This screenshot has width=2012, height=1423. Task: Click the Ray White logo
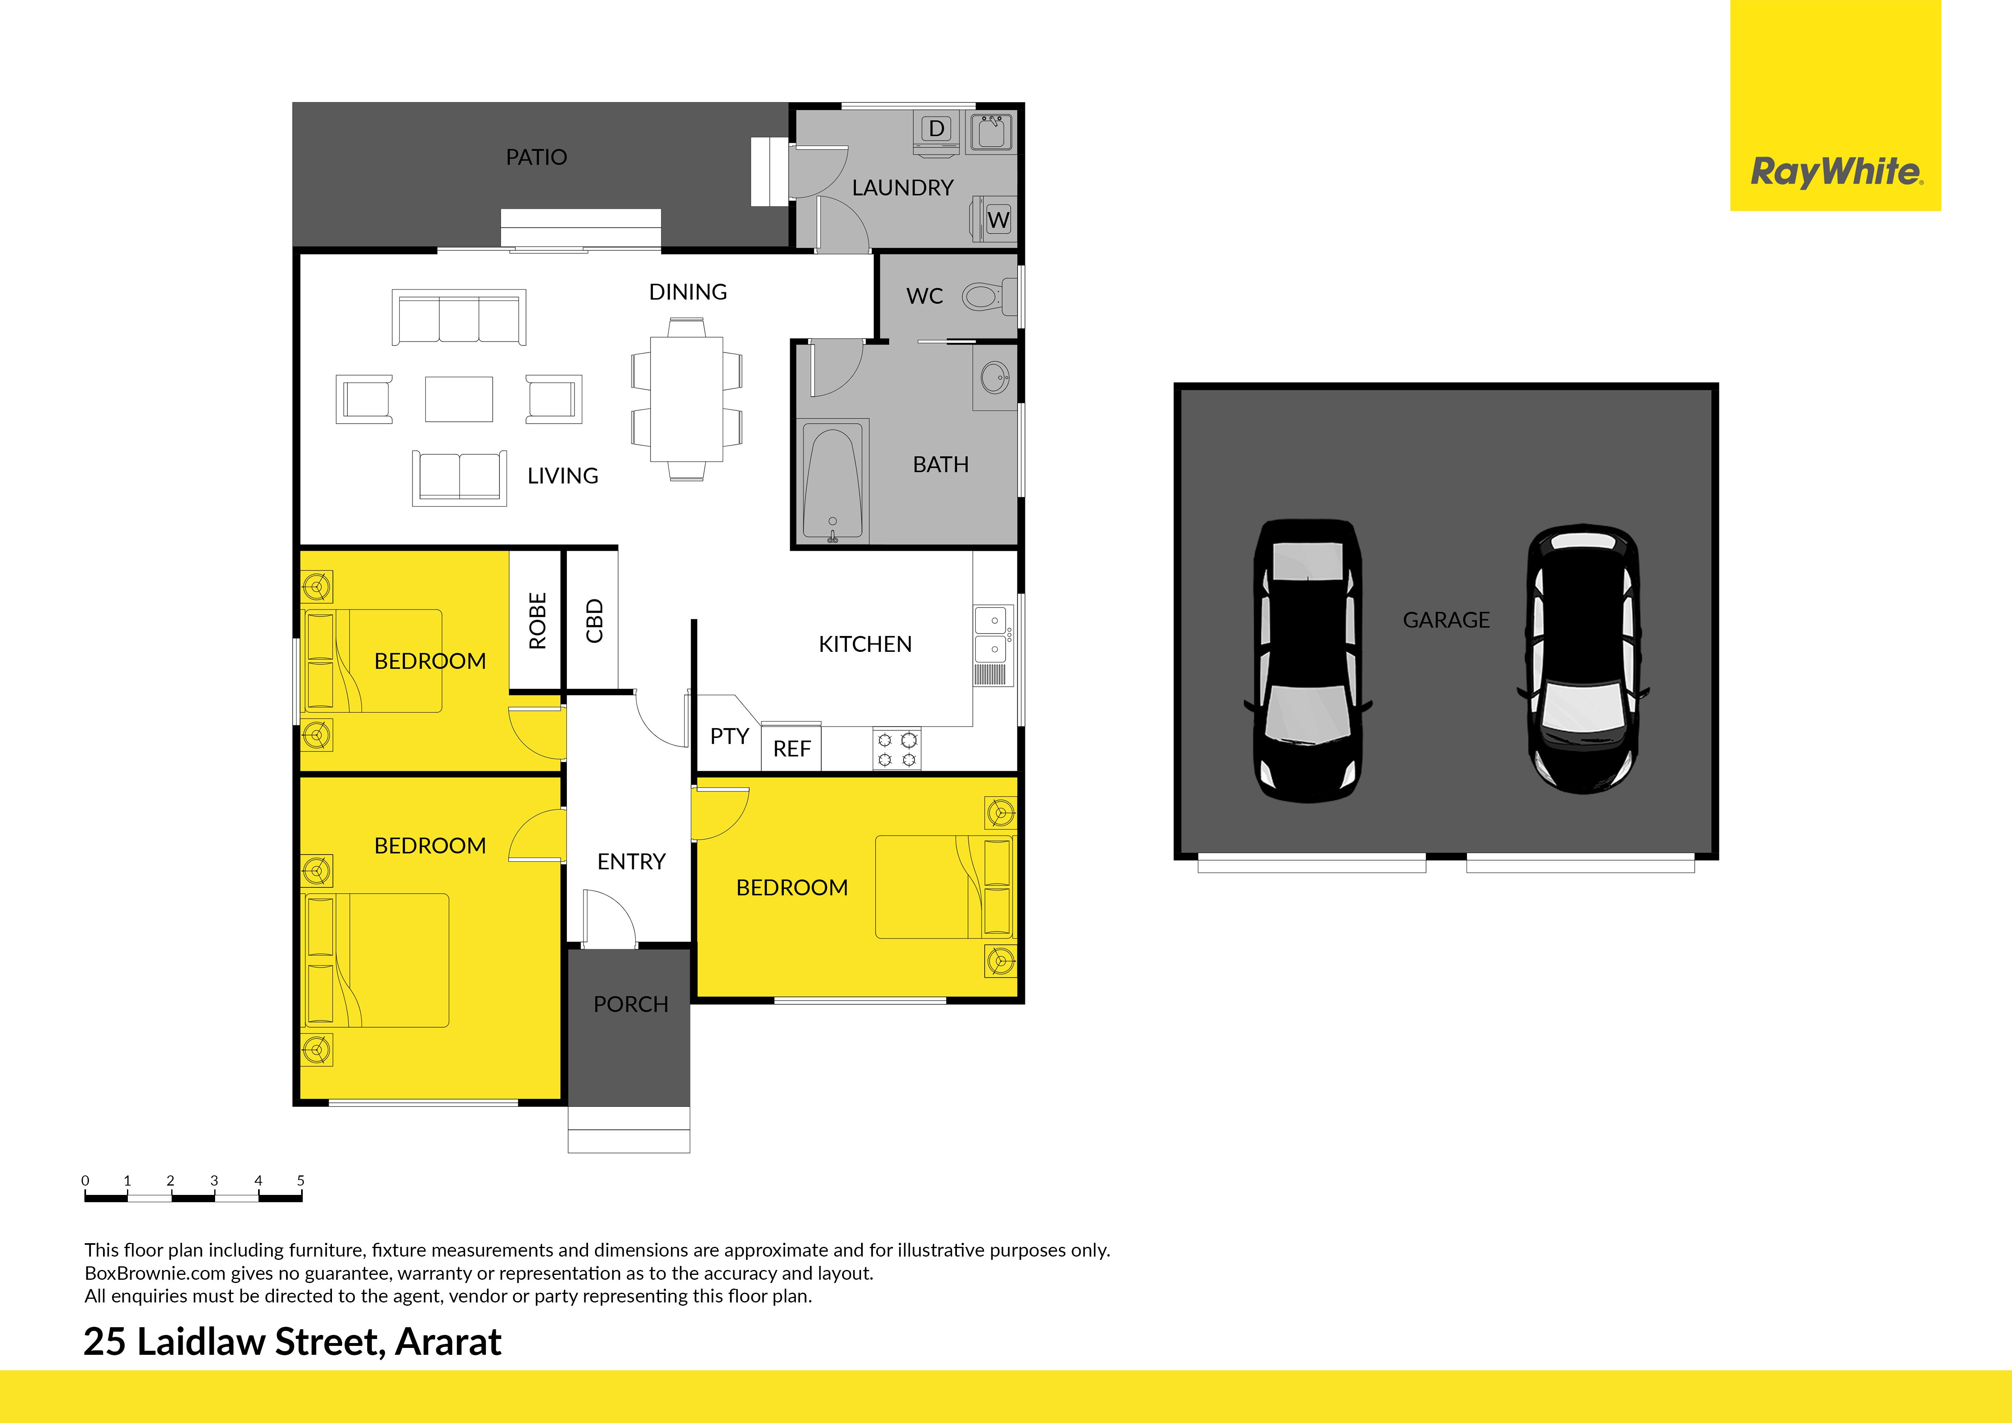(x=1836, y=105)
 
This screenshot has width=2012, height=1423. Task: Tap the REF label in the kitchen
(x=791, y=749)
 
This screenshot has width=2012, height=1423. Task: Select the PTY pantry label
(x=729, y=736)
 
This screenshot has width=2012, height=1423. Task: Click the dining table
(x=686, y=399)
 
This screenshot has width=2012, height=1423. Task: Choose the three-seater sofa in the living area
(x=458, y=317)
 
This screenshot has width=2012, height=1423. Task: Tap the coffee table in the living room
(x=458, y=399)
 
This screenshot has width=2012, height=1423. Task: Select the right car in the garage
(x=1583, y=659)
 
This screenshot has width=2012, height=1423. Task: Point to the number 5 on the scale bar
(x=301, y=1180)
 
